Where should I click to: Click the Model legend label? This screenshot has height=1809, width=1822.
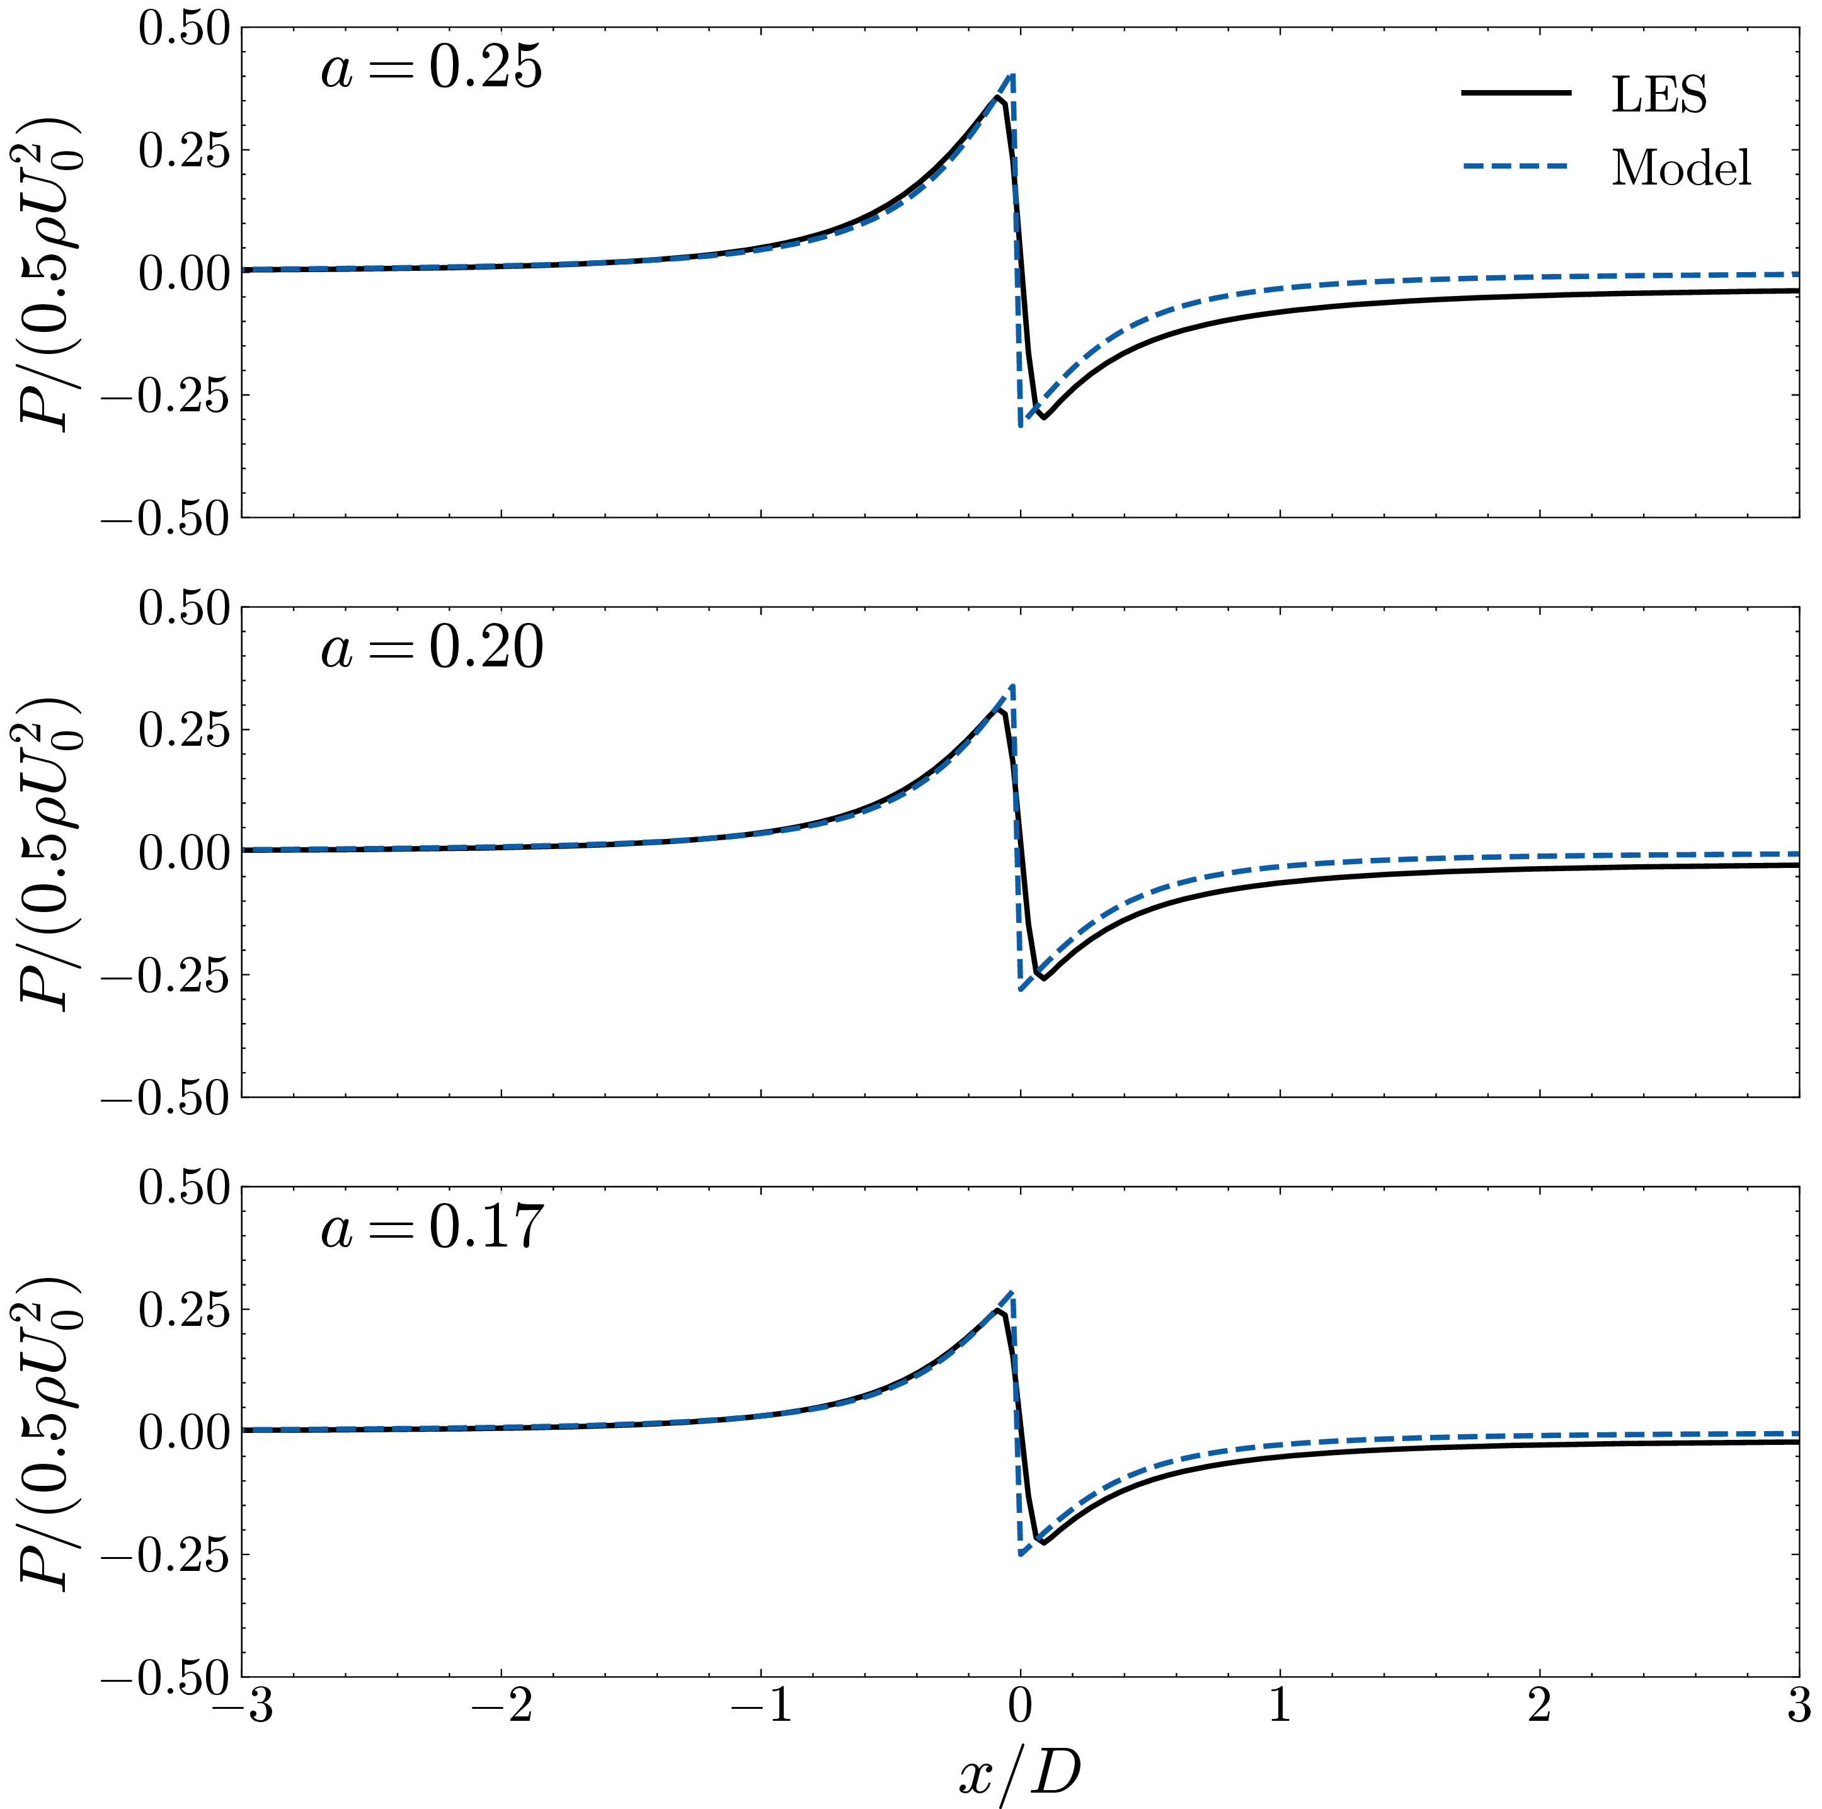click(1680, 168)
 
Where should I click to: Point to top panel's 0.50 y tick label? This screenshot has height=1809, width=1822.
click(184, 28)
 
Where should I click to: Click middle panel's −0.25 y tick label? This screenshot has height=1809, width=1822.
click(165, 976)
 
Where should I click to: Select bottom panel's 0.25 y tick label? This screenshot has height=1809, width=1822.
click(184, 1310)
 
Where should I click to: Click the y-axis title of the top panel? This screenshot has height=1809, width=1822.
click(47, 273)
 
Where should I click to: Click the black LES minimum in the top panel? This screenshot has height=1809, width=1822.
click(1043, 417)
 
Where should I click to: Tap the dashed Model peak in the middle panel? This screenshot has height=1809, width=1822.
click(1012, 685)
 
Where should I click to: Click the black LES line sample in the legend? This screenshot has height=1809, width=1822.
click(1516, 93)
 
